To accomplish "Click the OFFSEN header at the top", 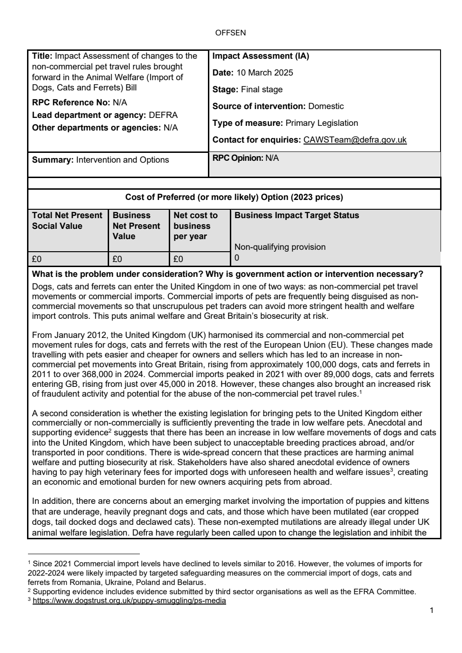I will tap(230, 33).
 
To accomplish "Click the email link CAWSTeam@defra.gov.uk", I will tap(355, 140).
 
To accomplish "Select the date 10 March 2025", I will tap(264, 73).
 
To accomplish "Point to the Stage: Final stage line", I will tap(247, 89).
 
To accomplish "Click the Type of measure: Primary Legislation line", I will tap(285, 123).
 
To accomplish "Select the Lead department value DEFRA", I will tap(163, 115).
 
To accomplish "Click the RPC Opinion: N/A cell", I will tap(245, 158).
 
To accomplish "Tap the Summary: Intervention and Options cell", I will tap(100, 160).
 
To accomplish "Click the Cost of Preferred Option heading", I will tap(234, 197).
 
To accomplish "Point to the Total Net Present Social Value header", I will tap(67, 221).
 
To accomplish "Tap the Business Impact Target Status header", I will tap(297, 215).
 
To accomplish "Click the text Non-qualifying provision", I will tap(280, 247).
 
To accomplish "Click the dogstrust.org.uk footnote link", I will tap(129, 601).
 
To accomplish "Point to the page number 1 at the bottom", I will tap(431, 611).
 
